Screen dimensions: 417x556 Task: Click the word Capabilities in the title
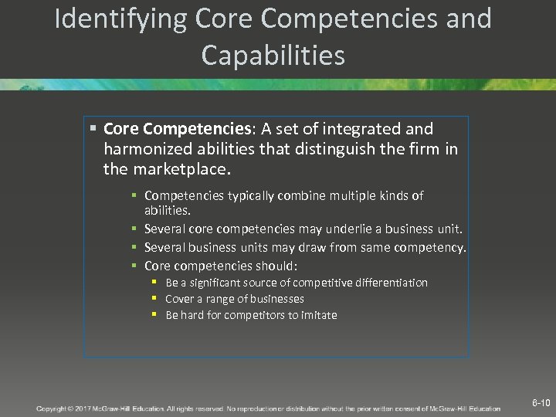pos(273,55)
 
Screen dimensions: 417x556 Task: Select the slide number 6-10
pos(541,403)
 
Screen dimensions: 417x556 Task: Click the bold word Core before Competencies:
pos(120,129)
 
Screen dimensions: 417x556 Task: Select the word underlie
pos(358,229)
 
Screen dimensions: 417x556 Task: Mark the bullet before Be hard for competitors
pos(154,314)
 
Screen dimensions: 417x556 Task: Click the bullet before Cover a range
pos(154,298)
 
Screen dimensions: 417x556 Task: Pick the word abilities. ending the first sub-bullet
pos(168,209)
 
